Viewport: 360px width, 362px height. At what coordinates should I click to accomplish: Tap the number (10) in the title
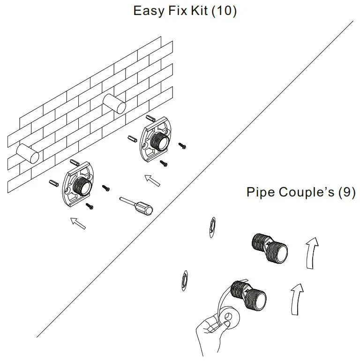pyautogui.click(x=224, y=11)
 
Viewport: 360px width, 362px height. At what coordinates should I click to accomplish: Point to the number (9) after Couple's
pyautogui.click(x=346, y=192)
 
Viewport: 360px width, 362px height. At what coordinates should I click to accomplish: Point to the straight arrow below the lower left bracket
pyautogui.click(x=77, y=223)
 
